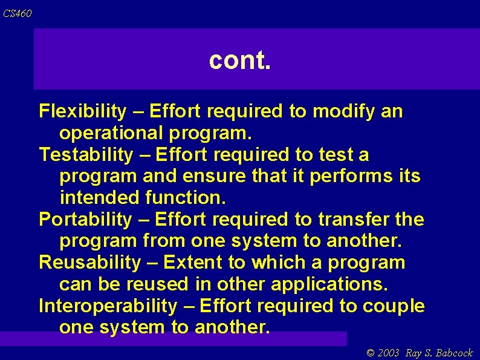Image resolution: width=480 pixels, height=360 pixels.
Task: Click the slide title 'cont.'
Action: tap(240, 60)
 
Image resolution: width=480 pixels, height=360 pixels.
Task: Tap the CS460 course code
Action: tap(17, 13)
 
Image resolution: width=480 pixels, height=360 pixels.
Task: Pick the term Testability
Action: tap(85, 155)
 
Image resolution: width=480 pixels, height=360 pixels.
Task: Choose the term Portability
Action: tap(85, 219)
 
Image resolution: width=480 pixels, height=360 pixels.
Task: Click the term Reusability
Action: tap(89, 263)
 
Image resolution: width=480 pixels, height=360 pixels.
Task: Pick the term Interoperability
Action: tap(107, 306)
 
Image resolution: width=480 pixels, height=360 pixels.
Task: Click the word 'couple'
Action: tap(394, 306)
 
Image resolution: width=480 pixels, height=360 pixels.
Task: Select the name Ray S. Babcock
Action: tap(439, 353)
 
